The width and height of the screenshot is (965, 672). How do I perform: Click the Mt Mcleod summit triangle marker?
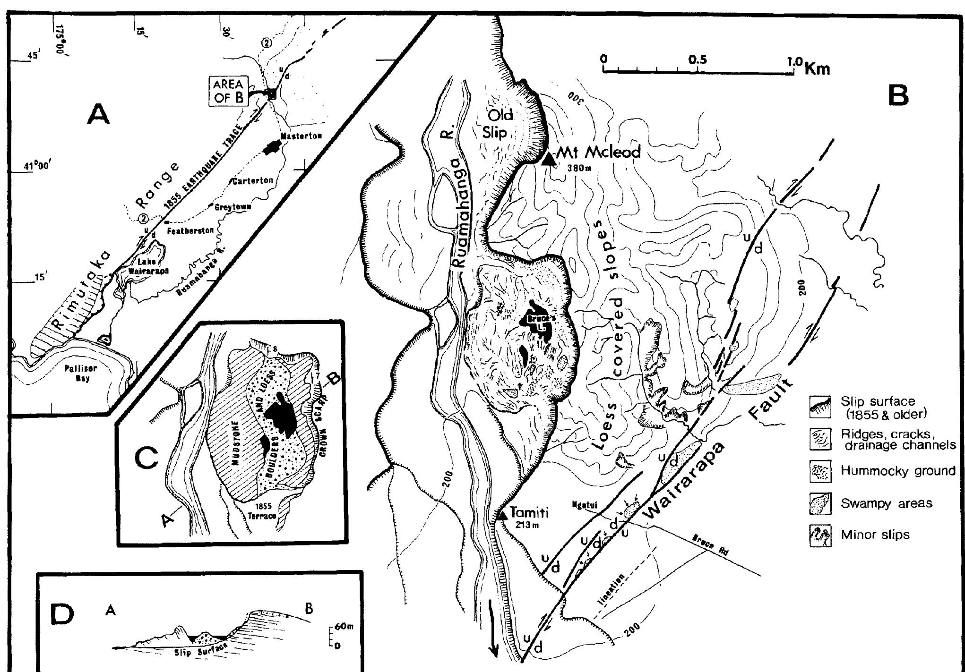pyautogui.click(x=549, y=159)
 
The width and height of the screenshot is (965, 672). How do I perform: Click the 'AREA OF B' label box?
pyautogui.click(x=228, y=91)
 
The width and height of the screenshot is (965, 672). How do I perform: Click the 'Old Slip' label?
pyautogui.click(x=495, y=124)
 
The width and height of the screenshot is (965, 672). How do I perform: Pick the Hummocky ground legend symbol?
pyautogui.click(x=820, y=472)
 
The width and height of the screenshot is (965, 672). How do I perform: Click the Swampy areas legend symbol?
pyautogui.click(x=820, y=503)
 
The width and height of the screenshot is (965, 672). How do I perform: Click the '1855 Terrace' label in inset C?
pyautogui.click(x=263, y=511)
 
